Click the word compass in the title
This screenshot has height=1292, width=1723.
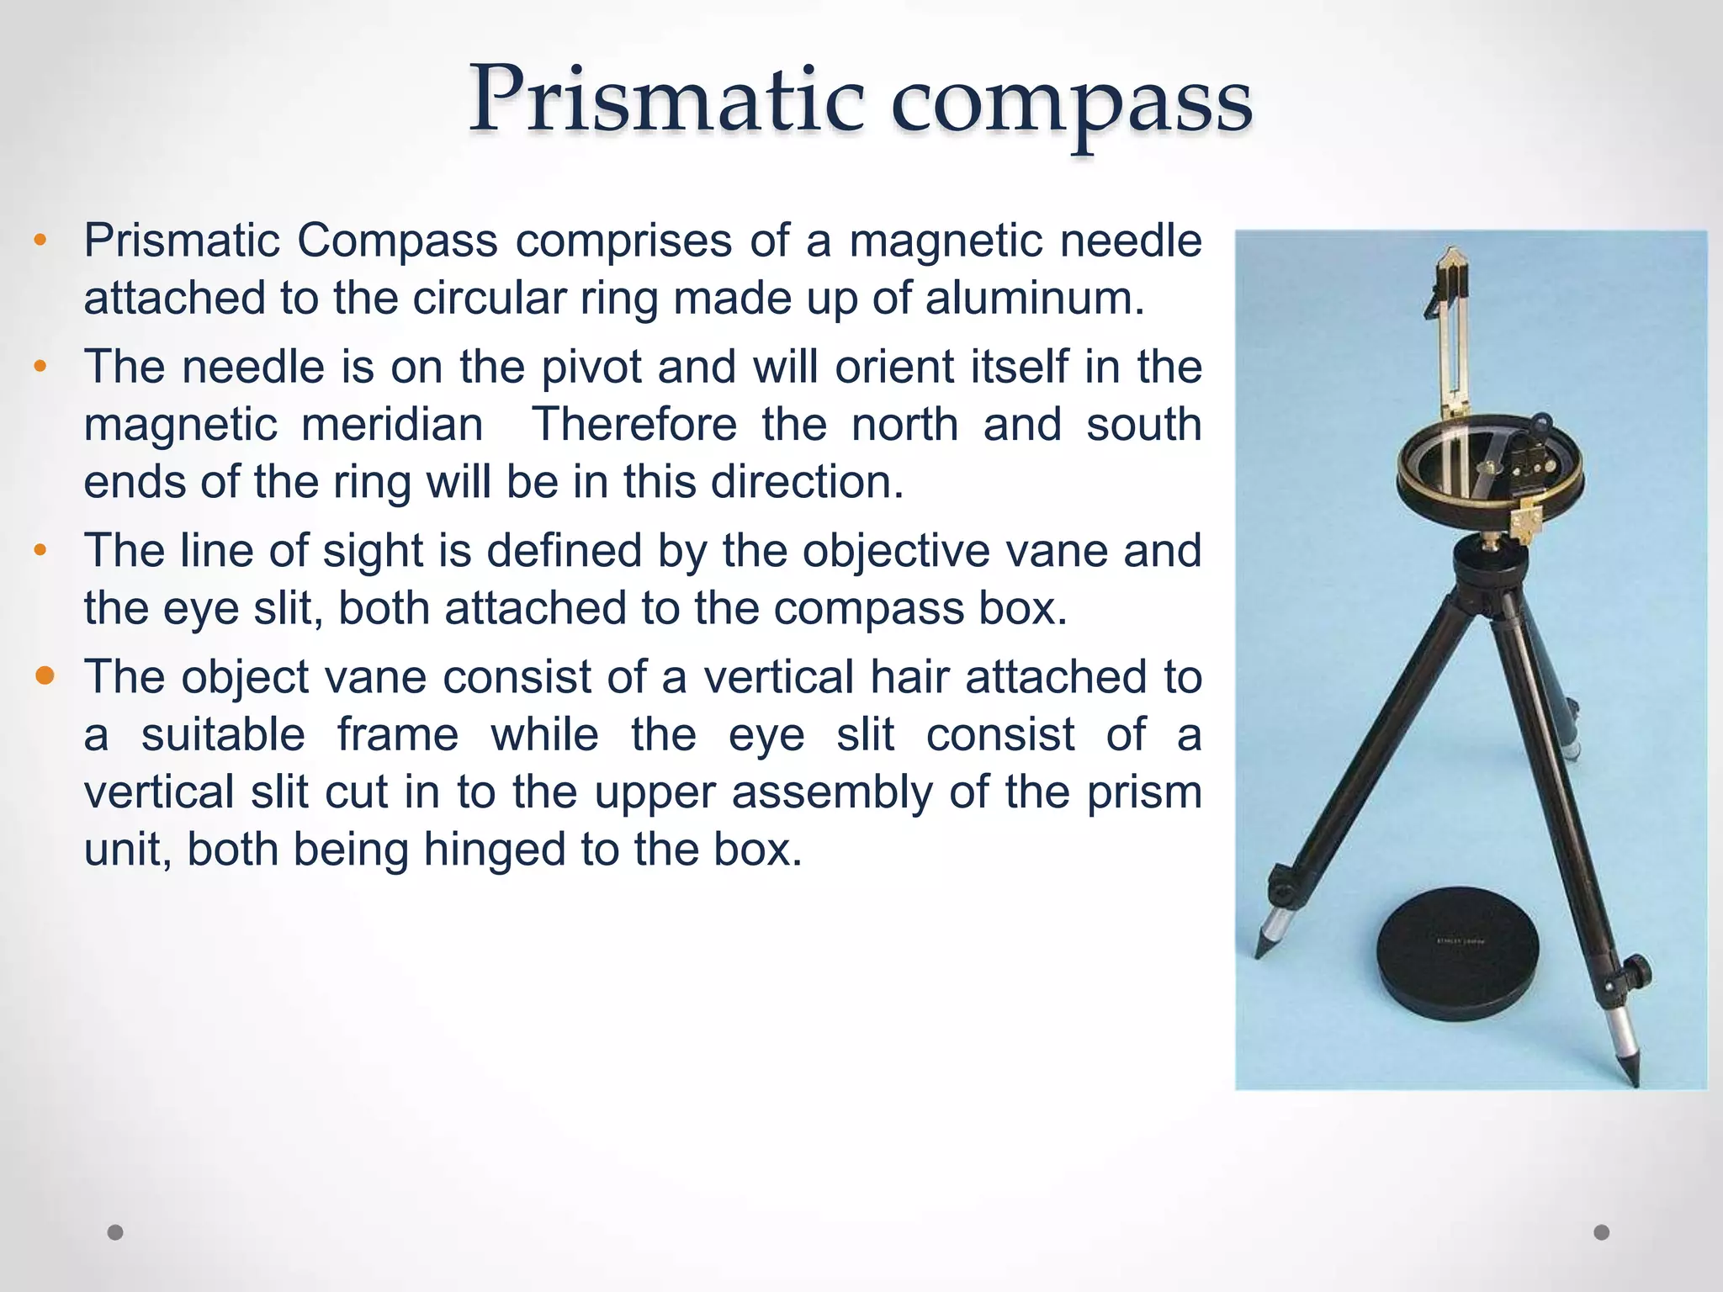(1071, 103)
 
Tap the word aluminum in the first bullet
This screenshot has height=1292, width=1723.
(1034, 299)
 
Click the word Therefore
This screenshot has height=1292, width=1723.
(634, 425)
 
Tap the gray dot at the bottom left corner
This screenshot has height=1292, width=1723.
(115, 1232)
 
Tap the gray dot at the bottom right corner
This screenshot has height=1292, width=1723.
(1602, 1232)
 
